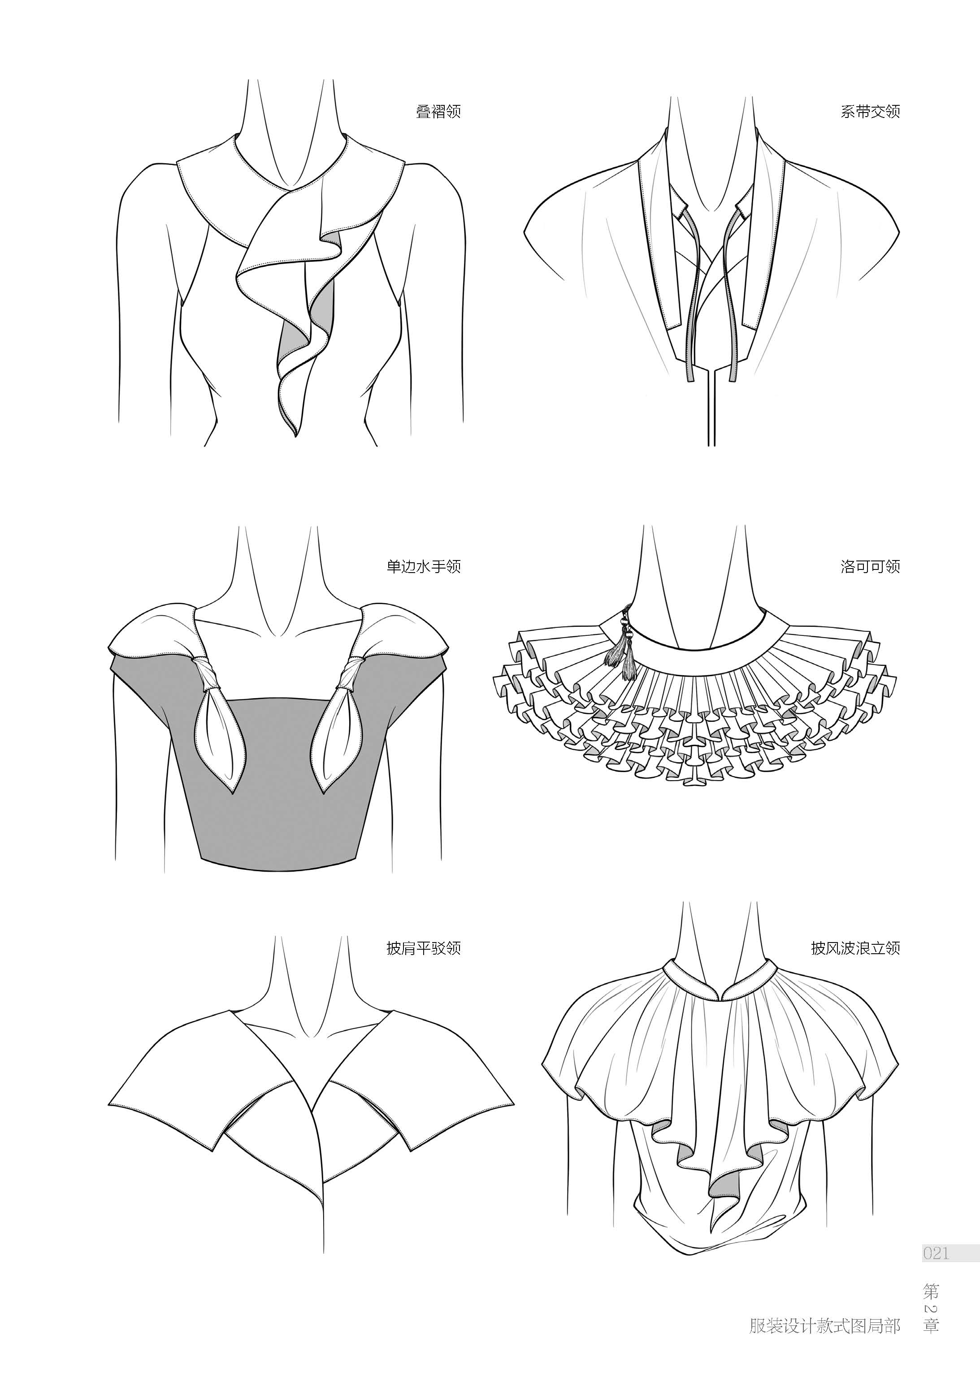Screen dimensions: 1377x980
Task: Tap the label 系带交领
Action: (x=870, y=112)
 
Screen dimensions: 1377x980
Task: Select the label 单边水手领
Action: (x=423, y=567)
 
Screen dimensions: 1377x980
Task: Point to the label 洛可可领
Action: (x=870, y=567)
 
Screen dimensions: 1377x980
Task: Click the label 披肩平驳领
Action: (x=423, y=948)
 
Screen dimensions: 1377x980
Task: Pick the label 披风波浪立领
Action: (x=855, y=948)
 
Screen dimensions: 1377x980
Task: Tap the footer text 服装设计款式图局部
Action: (x=824, y=1342)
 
